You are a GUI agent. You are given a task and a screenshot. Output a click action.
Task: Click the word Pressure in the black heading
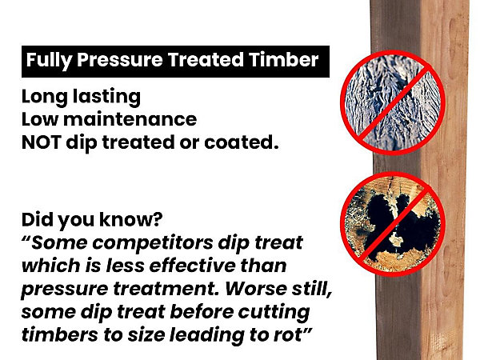pyautogui.click(x=120, y=59)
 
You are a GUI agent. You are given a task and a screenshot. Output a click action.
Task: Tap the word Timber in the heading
pyautogui.click(x=284, y=59)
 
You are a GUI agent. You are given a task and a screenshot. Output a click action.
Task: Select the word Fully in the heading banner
pyautogui.click(x=49, y=61)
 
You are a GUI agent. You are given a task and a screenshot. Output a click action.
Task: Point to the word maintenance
pyautogui.click(x=130, y=119)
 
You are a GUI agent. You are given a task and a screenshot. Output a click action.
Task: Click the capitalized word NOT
pyautogui.click(x=42, y=142)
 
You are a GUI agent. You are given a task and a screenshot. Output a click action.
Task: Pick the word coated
pyautogui.click(x=242, y=142)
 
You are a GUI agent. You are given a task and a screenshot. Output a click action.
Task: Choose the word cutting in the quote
pyautogui.click(x=274, y=313)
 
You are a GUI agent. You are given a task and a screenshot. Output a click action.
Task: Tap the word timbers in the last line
pyautogui.click(x=59, y=334)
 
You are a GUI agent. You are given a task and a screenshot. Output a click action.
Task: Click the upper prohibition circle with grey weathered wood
pyautogui.click(x=393, y=102)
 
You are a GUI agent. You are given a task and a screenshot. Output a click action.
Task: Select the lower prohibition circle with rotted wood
pyautogui.click(x=393, y=224)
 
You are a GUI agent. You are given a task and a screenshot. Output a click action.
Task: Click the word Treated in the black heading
pyautogui.click(x=206, y=59)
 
